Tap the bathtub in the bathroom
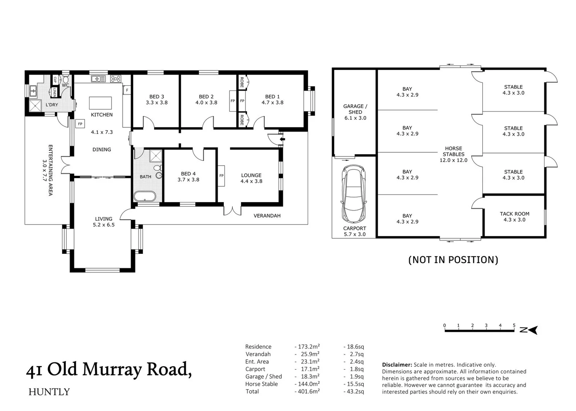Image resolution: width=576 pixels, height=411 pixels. [x=145, y=197]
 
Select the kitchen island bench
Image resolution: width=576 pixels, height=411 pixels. [x=101, y=103]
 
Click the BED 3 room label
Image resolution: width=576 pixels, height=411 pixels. [x=156, y=97]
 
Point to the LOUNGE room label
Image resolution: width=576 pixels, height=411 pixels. [x=251, y=175]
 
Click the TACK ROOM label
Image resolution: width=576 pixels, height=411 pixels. [x=514, y=214]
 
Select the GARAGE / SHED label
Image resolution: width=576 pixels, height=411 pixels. [x=355, y=109]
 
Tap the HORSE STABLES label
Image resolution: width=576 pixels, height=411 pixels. [x=453, y=151]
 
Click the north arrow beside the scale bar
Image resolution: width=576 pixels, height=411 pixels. [x=531, y=330]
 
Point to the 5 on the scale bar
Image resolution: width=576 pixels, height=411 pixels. [x=514, y=325]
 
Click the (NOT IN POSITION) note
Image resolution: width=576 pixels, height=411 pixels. [x=453, y=260]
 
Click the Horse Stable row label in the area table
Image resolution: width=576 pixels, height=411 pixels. [x=262, y=384]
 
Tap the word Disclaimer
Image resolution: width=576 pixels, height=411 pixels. [x=397, y=365]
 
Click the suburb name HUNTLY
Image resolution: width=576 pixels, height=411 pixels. [x=49, y=392]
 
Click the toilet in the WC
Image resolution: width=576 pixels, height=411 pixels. [x=65, y=80]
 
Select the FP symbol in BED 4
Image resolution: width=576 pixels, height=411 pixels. [x=221, y=175]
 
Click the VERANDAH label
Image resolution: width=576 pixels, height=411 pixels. [x=267, y=216]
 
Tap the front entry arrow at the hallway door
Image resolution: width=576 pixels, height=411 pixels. [x=282, y=139]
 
